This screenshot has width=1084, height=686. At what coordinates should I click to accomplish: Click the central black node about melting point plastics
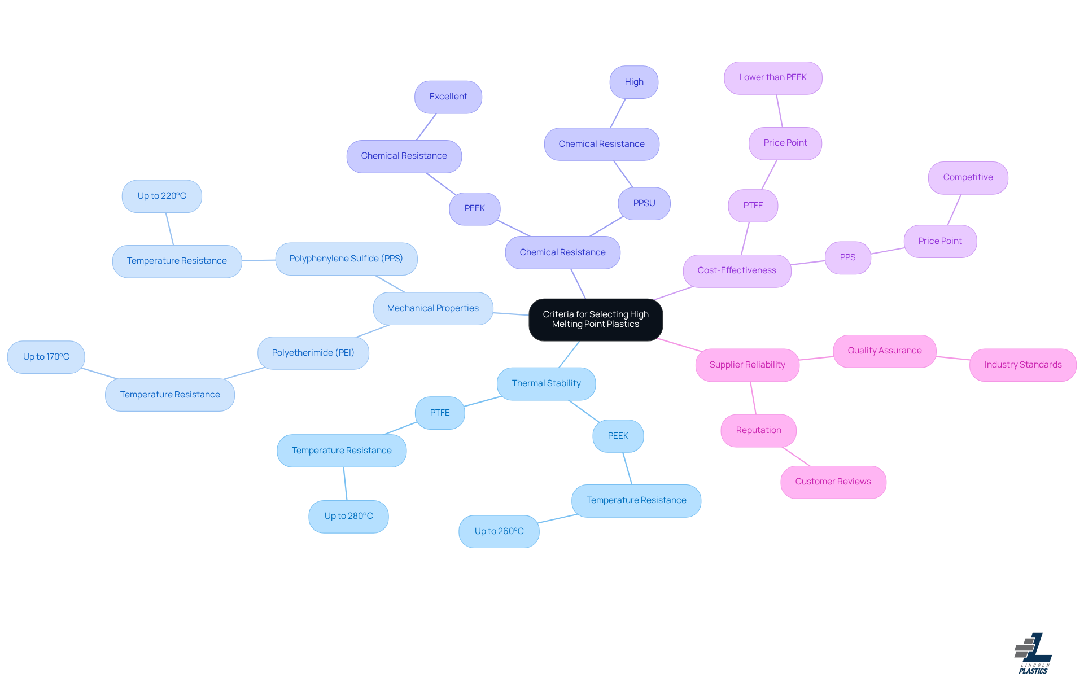(595, 320)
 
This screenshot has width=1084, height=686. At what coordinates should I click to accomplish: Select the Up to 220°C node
(161, 196)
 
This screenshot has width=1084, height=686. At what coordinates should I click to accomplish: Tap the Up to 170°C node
(46, 357)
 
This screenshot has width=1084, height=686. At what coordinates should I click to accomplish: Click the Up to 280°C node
(348, 516)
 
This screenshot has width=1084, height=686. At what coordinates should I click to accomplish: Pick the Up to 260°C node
(499, 531)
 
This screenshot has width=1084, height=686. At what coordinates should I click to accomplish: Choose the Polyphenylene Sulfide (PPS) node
(346, 259)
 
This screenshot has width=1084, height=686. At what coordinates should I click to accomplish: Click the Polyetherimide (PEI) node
(313, 353)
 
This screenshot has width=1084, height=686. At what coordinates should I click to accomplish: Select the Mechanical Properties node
(432, 308)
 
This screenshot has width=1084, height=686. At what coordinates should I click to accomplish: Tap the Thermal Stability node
(546, 383)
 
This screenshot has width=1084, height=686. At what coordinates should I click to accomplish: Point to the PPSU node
(644, 203)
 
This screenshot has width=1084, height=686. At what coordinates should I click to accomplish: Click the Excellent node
(448, 97)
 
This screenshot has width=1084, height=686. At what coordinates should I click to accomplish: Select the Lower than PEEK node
(772, 77)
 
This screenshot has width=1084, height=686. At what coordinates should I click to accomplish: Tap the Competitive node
(967, 177)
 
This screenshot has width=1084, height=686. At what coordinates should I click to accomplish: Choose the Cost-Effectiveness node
(736, 270)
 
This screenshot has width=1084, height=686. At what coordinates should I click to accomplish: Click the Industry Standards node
(1022, 365)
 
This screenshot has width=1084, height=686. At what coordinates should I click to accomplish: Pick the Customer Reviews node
(833, 482)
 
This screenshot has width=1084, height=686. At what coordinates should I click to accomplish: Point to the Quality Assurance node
(884, 351)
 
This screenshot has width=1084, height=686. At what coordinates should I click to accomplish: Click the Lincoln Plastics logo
(1033, 653)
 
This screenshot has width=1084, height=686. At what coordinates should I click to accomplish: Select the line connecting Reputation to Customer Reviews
(796, 456)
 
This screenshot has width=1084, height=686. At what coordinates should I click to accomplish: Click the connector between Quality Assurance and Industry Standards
(953, 358)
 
